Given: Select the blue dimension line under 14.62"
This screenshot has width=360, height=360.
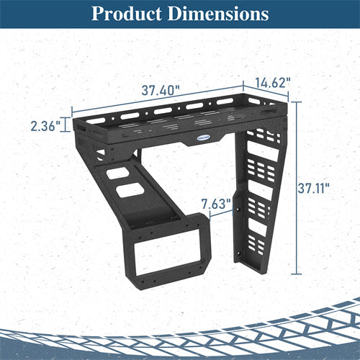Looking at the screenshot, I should pyautogui.click(x=268, y=94).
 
